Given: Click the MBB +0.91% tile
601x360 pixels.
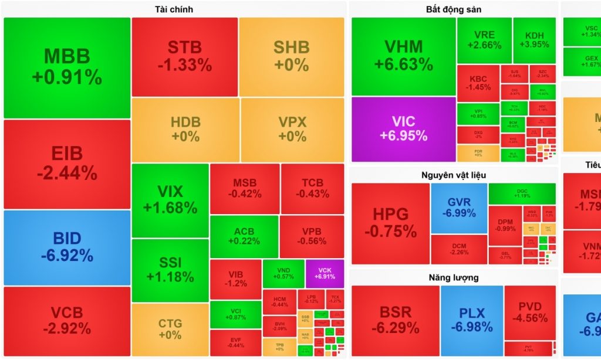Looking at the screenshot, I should (66, 67).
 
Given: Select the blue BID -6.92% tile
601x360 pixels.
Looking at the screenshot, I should (66, 247).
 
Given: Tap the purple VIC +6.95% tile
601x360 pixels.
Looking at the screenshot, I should (403, 128).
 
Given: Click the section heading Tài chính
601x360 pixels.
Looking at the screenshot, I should (174, 9).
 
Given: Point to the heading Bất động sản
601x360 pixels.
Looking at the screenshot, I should (454, 9).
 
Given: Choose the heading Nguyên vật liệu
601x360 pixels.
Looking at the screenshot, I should (454, 175).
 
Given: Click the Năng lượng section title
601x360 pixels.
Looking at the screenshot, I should (454, 277).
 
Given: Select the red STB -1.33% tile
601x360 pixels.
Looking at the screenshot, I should (184, 56).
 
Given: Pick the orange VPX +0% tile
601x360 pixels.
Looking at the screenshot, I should (292, 129).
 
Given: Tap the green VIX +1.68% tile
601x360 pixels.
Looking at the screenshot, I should (170, 199).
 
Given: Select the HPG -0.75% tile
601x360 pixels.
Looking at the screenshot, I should (390, 223).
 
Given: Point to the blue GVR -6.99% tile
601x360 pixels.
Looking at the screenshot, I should (458, 208).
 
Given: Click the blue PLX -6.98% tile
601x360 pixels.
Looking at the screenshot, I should (471, 320).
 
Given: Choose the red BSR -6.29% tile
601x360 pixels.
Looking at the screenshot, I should (395, 320).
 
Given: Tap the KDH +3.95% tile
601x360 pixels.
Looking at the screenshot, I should (534, 40).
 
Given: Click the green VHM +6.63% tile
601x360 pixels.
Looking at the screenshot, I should (403, 56).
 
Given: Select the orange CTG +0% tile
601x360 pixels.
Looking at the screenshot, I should (170, 329).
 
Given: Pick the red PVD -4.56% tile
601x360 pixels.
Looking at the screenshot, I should (530, 312).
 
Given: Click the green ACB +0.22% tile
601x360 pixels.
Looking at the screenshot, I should (244, 236).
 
